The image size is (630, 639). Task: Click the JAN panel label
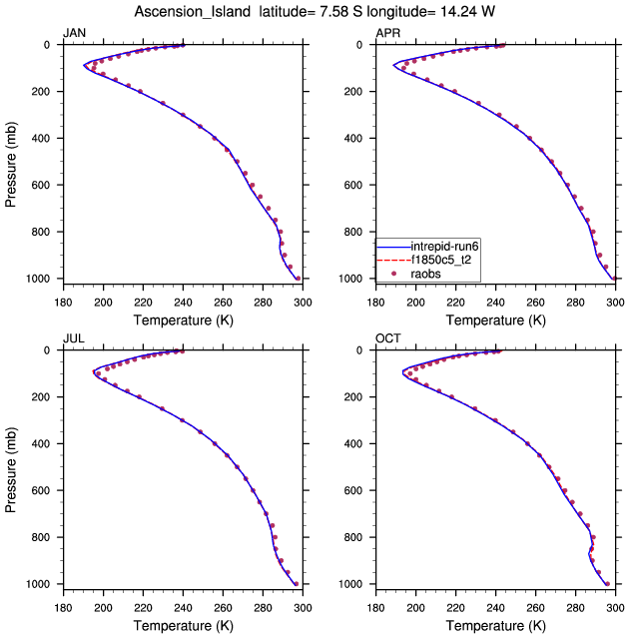click(x=74, y=33)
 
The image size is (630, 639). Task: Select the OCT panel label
click(x=387, y=338)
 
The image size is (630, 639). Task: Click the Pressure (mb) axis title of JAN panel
click(x=12, y=161)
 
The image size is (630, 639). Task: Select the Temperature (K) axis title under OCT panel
click(x=495, y=625)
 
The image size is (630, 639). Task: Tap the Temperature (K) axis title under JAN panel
click(x=182, y=319)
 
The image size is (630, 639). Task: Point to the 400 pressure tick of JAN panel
click(x=43, y=139)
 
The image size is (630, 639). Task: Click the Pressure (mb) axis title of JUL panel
click(x=12, y=466)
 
